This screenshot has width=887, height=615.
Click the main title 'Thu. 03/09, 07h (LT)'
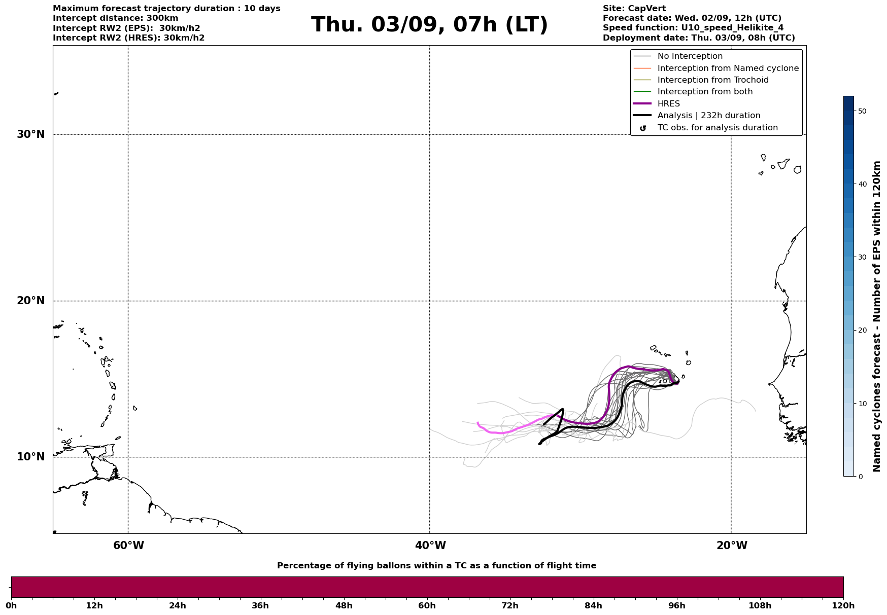(429, 25)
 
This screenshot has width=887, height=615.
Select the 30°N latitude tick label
(31, 134)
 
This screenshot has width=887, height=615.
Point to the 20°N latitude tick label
(31, 301)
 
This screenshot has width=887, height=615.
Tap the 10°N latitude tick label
(31, 457)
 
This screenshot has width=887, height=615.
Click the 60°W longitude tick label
(128, 546)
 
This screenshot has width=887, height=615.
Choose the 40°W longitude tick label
(430, 546)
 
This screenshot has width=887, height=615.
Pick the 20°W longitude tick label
(732, 546)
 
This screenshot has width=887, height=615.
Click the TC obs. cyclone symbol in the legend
(643, 128)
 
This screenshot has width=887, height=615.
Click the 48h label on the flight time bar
(344, 606)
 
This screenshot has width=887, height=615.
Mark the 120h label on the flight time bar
(843, 606)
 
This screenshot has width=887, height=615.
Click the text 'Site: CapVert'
(634, 9)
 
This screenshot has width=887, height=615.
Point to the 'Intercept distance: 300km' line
(116, 18)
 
